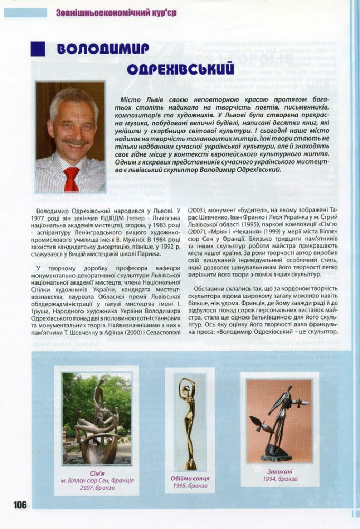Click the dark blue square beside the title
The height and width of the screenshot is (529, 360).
pos(38,49)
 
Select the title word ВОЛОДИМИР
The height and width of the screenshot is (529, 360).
pos(103,49)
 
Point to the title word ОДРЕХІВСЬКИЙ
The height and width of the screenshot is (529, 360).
pos(181,70)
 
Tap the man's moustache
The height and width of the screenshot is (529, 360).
pos(75,142)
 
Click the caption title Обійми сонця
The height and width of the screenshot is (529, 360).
pos(190,478)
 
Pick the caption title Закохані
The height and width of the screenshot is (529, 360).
pos(280,471)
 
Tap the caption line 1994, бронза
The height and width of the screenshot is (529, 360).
pos(280,479)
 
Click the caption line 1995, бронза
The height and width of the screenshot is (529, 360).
pos(190,486)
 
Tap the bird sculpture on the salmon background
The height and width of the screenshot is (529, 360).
pos(279,418)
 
